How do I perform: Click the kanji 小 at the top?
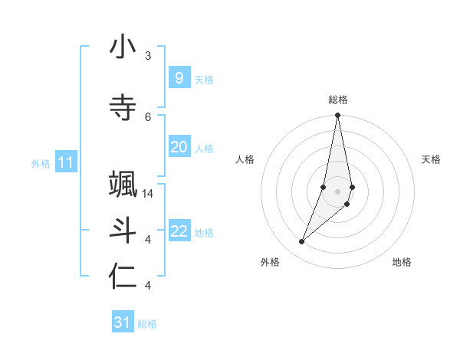click(x=123, y=47)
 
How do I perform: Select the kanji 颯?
click(x=123, y=186)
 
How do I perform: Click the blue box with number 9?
click(x=179, y=77)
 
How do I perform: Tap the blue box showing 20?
click(x=179, y=147)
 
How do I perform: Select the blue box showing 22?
click(x=179, y=231)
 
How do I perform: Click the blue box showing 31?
click(x=123, y=322)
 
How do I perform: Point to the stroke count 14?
click(x=149, y=194)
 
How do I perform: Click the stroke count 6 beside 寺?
click(x=148, y=116)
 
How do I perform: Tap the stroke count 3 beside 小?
click(x=148, y=55)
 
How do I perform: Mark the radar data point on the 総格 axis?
click(x=337, y=116)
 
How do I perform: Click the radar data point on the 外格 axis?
click(x=301, y=242)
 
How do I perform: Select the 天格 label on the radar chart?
click(x=432, y=159)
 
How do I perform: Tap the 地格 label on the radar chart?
click(x=402, y=262)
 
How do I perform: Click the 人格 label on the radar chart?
click(x=245, y=159)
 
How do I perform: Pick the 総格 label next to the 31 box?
click(x=147, y=324)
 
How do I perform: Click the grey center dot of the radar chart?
click(x=337, y=191)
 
